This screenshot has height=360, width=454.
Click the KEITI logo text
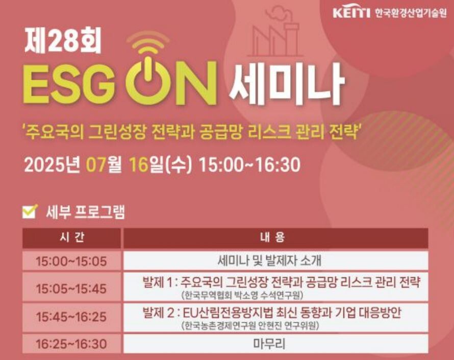351,13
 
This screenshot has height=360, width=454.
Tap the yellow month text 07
95,165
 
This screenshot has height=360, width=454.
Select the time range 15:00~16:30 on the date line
250,165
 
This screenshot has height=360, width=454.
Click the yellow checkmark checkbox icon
30,211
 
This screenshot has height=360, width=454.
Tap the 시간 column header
71,238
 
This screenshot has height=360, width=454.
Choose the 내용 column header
275,238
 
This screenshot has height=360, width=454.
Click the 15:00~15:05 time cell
71,261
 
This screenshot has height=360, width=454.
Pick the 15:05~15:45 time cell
71,288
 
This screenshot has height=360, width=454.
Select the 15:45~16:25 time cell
71,317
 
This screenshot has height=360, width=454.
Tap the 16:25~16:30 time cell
71,344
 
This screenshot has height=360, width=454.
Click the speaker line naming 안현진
250,325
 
